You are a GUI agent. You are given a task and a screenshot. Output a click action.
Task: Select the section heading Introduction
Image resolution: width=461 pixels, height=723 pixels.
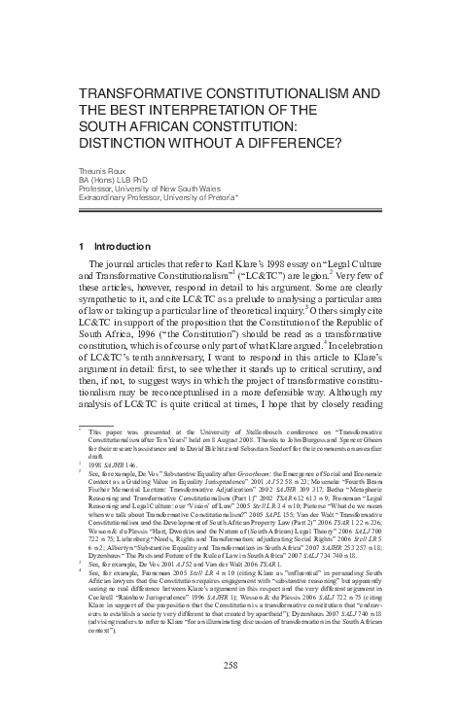[120, 247]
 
